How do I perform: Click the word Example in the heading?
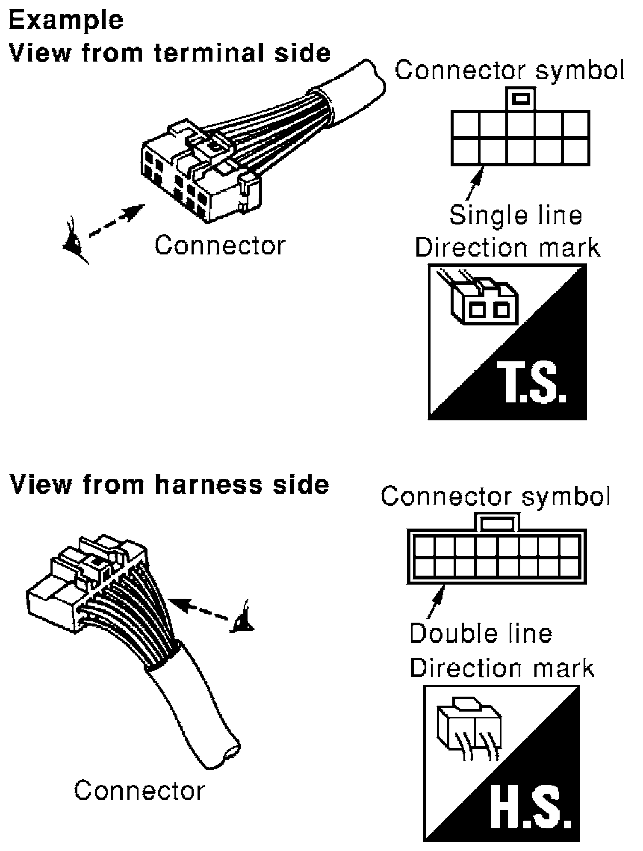pyautogui.click(x=66, y=20)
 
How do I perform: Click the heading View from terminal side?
pyautogui.click(x=170, y=53)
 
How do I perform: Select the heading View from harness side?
pyautogui.click(x=169, y=485)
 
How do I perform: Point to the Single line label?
pyautogui.click(x=516, y=215)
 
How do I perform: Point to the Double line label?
pyautogui.click(x=481, y=633)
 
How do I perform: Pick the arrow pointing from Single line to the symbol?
pyautogui.click(x=475, y=184)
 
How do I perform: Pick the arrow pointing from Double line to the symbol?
pyautogui.click(x=436, y=601)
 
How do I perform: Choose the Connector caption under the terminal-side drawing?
pyautogui.click(x=219, y=246)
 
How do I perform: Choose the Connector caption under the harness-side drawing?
pyautogui.click(x=139, y=791)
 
